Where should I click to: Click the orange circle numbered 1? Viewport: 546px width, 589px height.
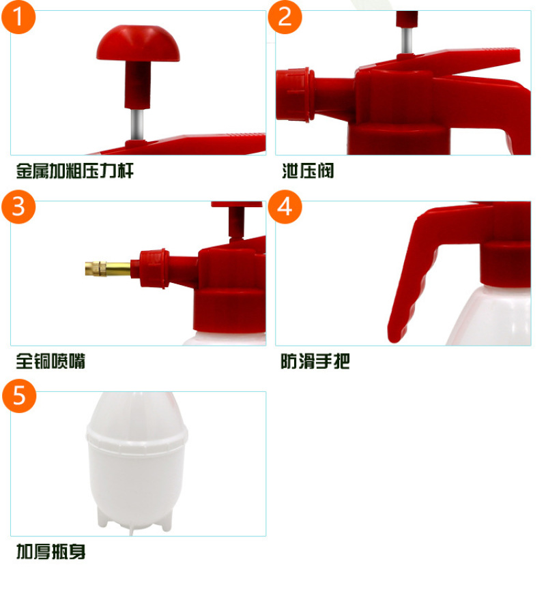(x=18, y=17)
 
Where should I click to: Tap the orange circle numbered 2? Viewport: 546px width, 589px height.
(x=285, y=17)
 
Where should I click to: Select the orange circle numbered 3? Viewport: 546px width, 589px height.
(x=18, y=207)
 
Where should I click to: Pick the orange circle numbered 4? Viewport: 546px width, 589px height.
(x=285, y=207)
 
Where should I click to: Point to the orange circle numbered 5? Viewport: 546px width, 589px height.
(x=19, y=396)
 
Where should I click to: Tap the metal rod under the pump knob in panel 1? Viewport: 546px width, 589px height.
(x=138, y=124)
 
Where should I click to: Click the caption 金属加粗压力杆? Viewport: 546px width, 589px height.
(x=75, y=171)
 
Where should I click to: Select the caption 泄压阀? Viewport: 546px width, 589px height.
(x=308, y=171)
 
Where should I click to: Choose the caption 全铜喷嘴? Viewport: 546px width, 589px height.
(x=51, y=361)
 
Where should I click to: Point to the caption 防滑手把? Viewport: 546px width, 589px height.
(x=315, y=361)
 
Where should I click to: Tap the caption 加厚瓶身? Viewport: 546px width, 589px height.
(x=51, y=552)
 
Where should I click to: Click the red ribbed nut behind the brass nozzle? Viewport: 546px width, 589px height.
(x=154, y=268)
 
